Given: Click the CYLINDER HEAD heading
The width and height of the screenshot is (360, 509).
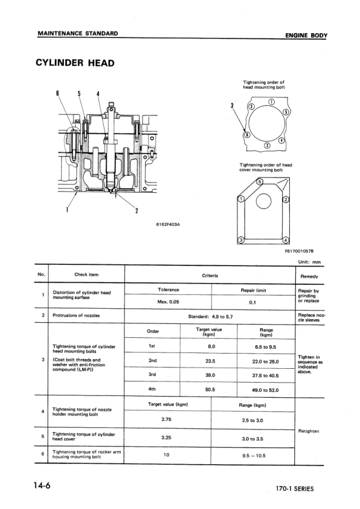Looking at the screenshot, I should pos(76,63).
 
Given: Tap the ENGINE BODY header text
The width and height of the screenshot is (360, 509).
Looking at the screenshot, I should pos(306,36).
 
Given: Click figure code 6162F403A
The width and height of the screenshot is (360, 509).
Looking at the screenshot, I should pos(169,225).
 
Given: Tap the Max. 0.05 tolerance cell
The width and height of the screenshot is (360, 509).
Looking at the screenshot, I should pos(168,301).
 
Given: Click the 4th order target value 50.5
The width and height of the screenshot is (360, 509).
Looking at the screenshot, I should pos(210,390).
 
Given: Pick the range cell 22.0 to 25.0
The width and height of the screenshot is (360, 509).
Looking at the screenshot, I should pos(266,361).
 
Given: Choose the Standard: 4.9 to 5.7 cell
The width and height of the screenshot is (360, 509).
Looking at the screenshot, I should pos(210,316).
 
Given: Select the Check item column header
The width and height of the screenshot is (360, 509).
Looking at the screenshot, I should pos(86,275).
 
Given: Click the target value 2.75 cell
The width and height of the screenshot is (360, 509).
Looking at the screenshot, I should pos(167,419).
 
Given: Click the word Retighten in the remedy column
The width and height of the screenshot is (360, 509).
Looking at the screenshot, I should pos(309,431).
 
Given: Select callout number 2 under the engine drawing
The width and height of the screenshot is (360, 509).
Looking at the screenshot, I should pos(137,211).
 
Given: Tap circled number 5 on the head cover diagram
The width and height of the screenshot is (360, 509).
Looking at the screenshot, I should pos(260,181).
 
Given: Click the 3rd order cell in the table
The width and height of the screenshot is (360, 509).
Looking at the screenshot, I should pos(153,375).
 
